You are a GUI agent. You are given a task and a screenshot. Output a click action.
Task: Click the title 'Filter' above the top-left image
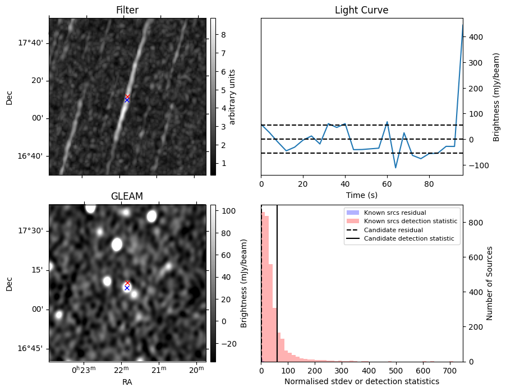click(127, 10)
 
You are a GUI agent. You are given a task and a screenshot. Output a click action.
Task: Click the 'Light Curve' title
click(361, 10)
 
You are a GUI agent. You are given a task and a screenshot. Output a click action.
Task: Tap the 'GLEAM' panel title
click(127, 196)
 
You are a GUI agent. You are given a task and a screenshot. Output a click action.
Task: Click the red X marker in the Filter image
click(127, 96)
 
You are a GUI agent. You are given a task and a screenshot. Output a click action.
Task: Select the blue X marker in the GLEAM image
click(127, 288)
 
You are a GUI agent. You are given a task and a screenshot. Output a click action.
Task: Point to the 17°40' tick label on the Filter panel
click(30, 43)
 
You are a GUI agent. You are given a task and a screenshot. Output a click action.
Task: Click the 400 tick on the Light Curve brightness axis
click(476, 37)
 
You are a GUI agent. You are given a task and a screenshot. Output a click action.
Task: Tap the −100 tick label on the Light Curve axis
click(479, 165)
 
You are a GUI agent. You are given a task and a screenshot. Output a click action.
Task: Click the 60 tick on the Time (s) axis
click(387, 185)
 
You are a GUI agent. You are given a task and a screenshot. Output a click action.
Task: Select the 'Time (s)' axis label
click(361, 195)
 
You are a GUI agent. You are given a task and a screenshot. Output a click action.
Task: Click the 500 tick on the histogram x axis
click(395, 371)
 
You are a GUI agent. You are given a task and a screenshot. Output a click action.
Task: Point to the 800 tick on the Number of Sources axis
click(476, 223)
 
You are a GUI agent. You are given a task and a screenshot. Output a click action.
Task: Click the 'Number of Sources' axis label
click(489, 283)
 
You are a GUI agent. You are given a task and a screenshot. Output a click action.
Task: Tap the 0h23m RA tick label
click(84, 370)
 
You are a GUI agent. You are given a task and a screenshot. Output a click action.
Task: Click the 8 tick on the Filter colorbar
click(223, 35)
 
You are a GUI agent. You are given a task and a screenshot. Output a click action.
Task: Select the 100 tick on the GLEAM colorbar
click(229, 211)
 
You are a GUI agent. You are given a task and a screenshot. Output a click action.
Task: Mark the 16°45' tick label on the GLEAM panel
click(30, 349)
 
